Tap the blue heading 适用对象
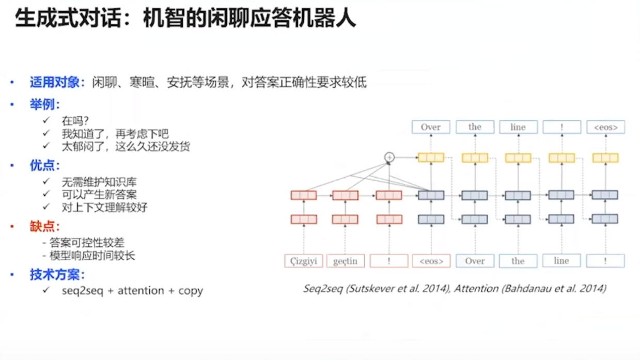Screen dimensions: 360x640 click(54, 83)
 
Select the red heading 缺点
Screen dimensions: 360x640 click(44, 227)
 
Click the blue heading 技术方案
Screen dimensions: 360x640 click(54, 275)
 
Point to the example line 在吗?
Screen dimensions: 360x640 click(75, 121)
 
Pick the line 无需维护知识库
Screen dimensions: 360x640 click(99, 182)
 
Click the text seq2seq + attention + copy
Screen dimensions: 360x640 click(132, 290)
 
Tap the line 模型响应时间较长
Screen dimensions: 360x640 click(92, 255)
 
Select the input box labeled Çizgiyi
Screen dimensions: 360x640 click(304, 261)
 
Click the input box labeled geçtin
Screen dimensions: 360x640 click(345, 261)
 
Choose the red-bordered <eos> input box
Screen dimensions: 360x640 click(431, 261)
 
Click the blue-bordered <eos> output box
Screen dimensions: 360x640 click(606, 127)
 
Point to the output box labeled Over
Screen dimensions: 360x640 click(431, 127)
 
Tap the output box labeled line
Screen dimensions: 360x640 click(518, 127)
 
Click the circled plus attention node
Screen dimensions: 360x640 click(389, 157)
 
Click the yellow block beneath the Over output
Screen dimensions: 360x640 click(431, 158)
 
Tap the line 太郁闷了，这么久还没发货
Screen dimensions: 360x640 click(126, 147)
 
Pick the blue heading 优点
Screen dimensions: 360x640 click(44, 166)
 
